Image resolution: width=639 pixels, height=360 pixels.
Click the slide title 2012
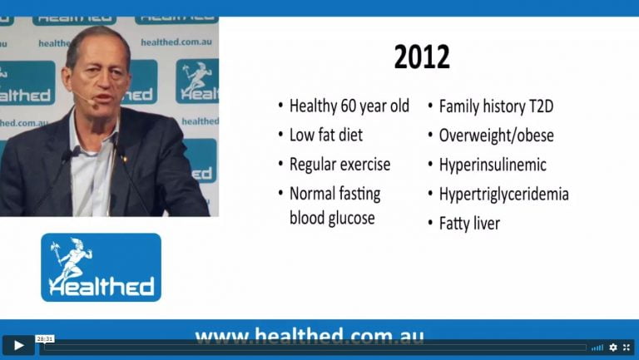[422, 57]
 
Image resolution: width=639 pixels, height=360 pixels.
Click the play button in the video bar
[18, 346]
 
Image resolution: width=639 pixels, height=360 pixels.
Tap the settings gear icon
[613, 348]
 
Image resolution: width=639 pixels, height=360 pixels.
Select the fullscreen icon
[627, 348]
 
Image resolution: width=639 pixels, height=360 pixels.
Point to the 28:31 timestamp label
[44, 339]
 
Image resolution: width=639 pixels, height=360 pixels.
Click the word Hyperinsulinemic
[493, 165]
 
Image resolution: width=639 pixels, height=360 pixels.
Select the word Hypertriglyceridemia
[503, 195]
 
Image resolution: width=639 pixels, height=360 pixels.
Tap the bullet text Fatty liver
[469, 224]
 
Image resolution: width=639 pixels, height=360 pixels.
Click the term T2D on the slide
[541, 106]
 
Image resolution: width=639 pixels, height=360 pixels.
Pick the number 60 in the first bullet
[349, 106]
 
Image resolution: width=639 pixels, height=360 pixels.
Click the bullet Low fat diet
[326, 136]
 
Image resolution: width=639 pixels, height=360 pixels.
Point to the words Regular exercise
[339, 165]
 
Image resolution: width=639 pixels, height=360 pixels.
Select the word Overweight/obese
[497, 136]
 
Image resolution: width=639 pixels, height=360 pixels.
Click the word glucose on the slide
[352, 219]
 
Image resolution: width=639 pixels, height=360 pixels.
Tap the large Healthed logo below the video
[101, 268]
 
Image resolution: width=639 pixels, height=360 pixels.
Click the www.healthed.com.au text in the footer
[310, 337]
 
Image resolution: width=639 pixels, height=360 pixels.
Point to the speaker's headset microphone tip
[94, 105]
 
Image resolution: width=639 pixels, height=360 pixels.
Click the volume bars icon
[597, 348]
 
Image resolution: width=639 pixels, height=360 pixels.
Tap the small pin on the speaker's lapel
[125, 160]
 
